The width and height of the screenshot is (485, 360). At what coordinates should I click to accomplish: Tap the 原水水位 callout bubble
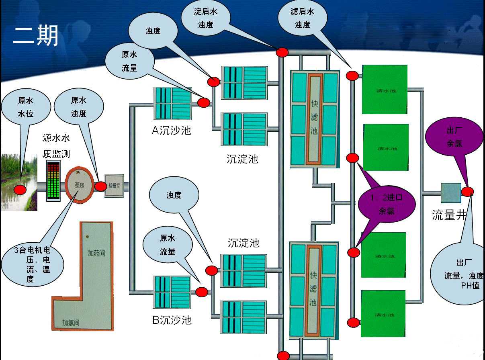[26, 107]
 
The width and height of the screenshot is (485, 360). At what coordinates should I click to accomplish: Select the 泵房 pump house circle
[80, 185]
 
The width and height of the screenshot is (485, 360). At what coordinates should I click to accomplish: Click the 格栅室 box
[114, 185]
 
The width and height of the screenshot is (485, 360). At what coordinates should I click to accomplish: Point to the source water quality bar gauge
[53, 181]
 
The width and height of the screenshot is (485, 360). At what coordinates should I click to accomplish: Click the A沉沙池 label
[171, 130]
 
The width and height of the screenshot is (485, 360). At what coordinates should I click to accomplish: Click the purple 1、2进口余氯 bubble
[387, 204]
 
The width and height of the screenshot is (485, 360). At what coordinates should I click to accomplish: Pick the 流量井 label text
[449, 215]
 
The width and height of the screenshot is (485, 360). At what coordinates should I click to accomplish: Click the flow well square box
[451, 193]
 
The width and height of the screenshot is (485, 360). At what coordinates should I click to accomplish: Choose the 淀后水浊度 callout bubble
[205, 18]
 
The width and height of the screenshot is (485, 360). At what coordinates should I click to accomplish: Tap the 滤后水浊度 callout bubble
[303, 18]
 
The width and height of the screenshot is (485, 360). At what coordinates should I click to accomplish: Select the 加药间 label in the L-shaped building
[96, 253]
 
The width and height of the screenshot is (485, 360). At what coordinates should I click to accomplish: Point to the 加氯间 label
[71, 322]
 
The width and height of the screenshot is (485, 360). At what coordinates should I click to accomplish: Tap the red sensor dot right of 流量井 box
[467, 192]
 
